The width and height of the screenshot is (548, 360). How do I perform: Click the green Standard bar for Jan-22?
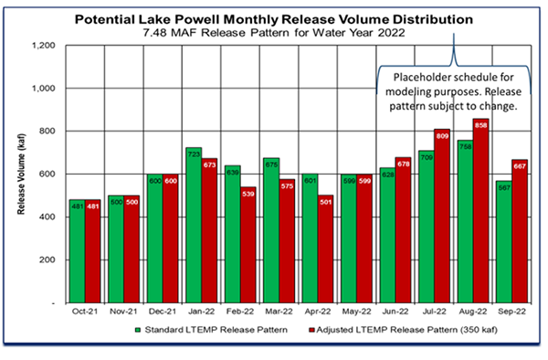click(x=194, y=225)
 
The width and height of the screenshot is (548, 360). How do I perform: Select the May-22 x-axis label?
click(x=357, y=312)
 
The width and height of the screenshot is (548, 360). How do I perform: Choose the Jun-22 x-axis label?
click(x=395, y=312)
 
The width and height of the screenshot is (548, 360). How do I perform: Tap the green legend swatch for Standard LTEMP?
click(x=134, y=329)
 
